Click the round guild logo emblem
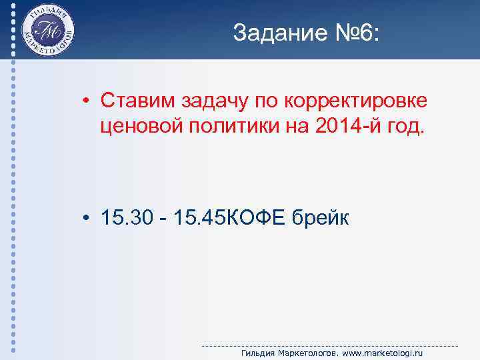[47, 31]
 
